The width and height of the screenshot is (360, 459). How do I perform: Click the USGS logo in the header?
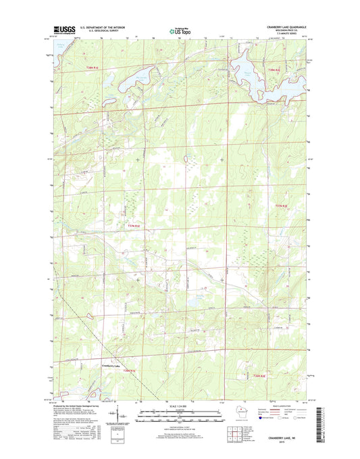pyautogui.click(x=63, y=30)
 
